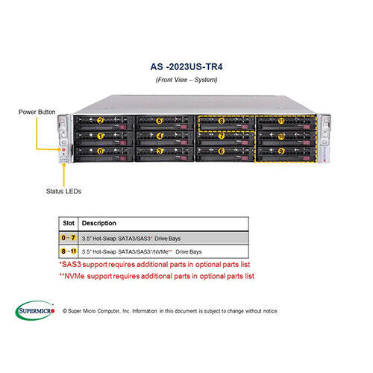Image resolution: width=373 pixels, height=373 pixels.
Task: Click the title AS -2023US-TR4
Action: [x=186, y=64]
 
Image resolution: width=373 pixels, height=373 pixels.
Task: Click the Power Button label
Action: [x=37, y=112]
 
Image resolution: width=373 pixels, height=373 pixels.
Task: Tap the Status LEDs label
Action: [x=64, y=191]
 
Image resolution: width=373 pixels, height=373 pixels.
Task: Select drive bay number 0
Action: [x=101, y=151]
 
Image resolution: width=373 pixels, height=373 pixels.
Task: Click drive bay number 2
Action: [x=101, y=120]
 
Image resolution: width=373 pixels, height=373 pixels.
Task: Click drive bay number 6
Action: [x=221, y=151]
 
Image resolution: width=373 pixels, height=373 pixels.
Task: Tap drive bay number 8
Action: [x=221, y=120]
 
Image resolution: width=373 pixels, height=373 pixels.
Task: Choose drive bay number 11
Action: [x=280, y=120]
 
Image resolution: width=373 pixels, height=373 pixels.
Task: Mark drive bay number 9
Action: [x=280, y=151]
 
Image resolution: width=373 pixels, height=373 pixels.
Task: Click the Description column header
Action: [x=99, y=223]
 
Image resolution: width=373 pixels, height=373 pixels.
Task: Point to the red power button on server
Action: [x=63, y=149]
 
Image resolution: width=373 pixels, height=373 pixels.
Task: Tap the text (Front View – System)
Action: [x=186, y=78]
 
